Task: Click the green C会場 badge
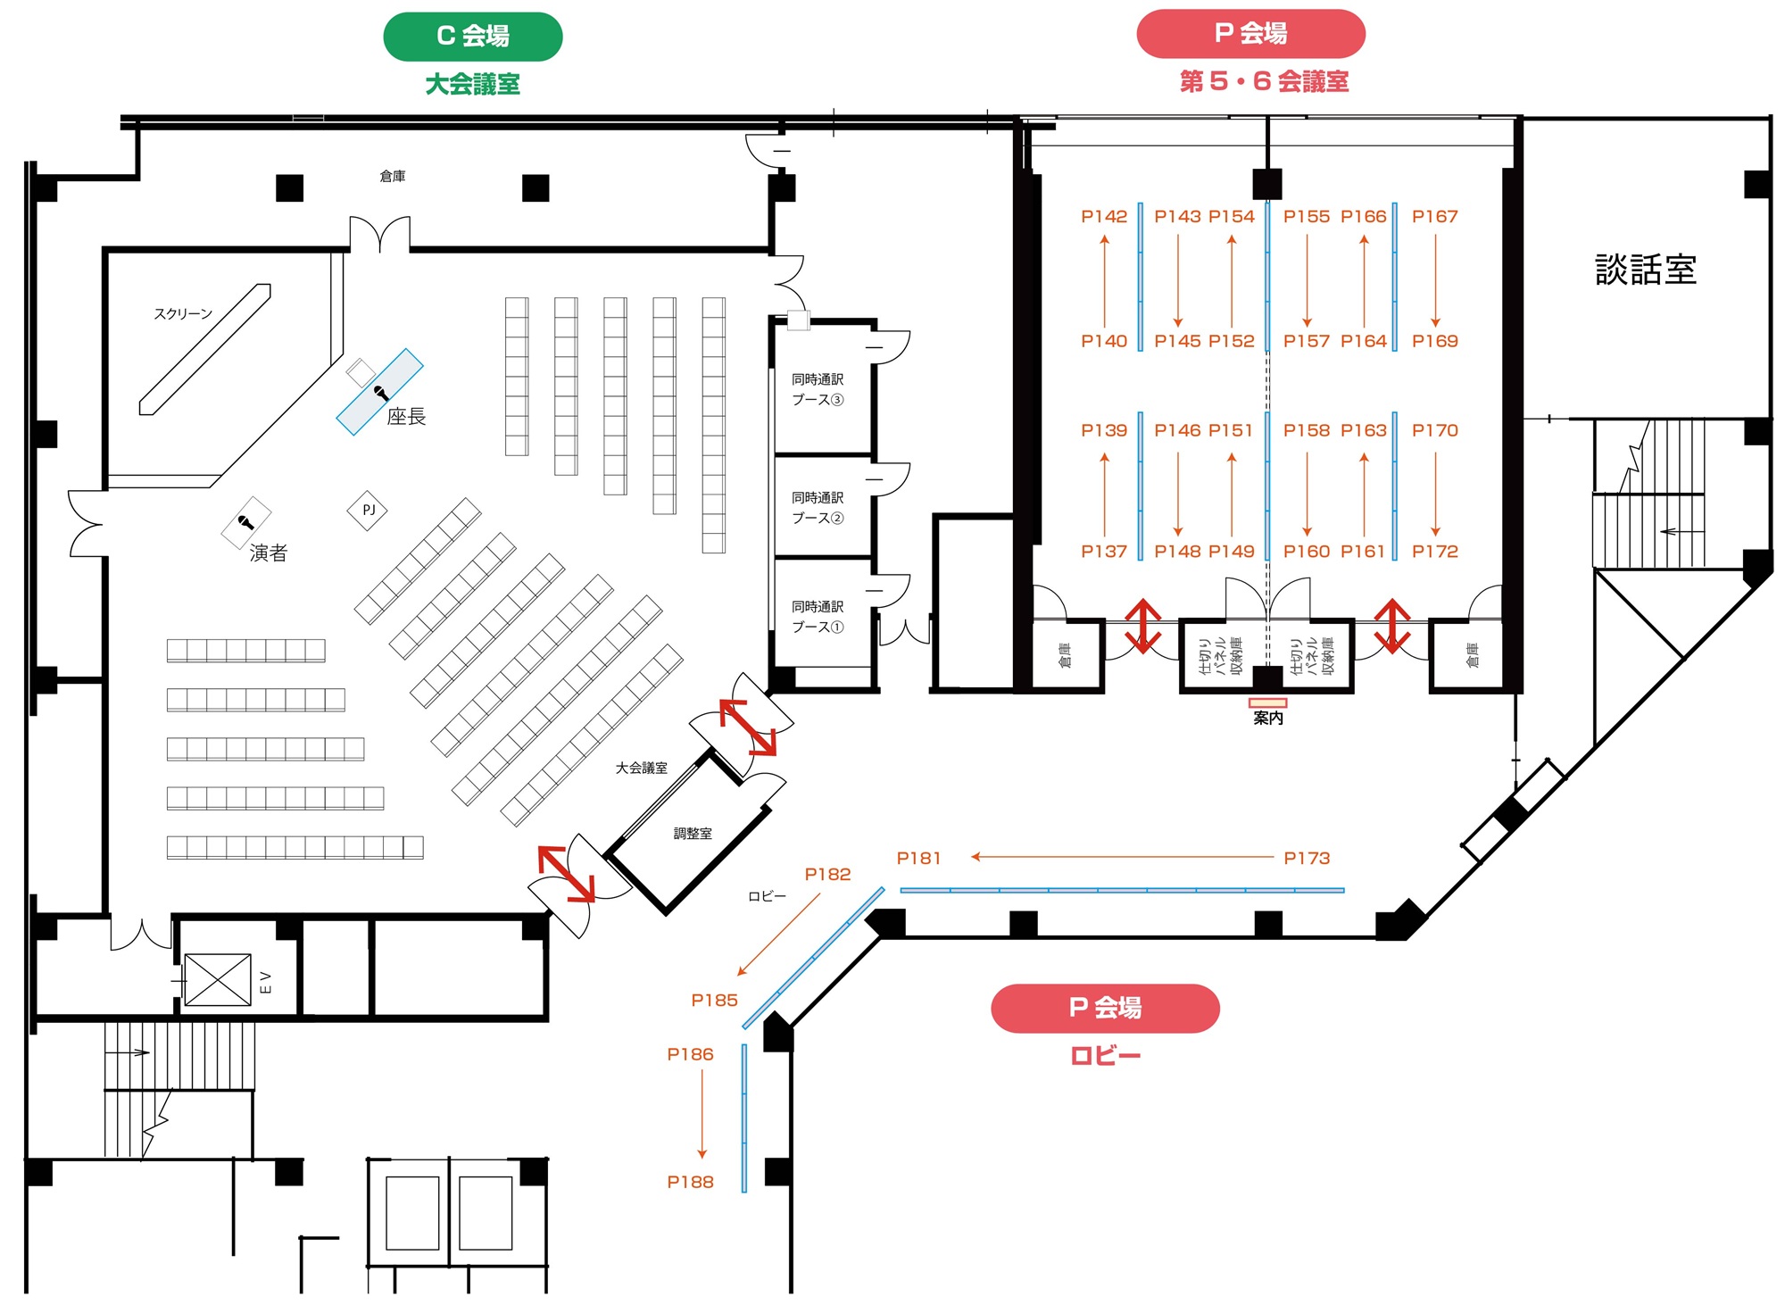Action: tap(473, 37)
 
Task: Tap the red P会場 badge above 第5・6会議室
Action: tap(1250, 34)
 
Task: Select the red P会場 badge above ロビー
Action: tap(1105, 1008)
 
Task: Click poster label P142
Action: tap(1104, 216)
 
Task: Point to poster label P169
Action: tap(1435, 341)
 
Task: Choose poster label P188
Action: tap(691, 1182)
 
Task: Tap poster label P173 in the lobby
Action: tap(1307, 858)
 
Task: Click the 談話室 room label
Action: tap(1646, 270)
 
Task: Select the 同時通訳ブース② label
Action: tap(818, 508)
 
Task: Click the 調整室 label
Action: tap(693, 834)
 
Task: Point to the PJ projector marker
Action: tap(368, 510)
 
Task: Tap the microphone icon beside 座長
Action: tap(381, 392)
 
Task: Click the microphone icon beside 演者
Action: tap(245, 522)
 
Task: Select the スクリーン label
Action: tap(183, 313)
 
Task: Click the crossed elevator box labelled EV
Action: tap(218, 980)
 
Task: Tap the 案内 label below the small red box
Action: tap(1268, 718)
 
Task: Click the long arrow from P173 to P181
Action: tap(1123, 857)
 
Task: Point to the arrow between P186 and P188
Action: tap(702, 1114)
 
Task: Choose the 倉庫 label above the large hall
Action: tap(393, 176)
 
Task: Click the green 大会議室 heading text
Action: tap(473, 84)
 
